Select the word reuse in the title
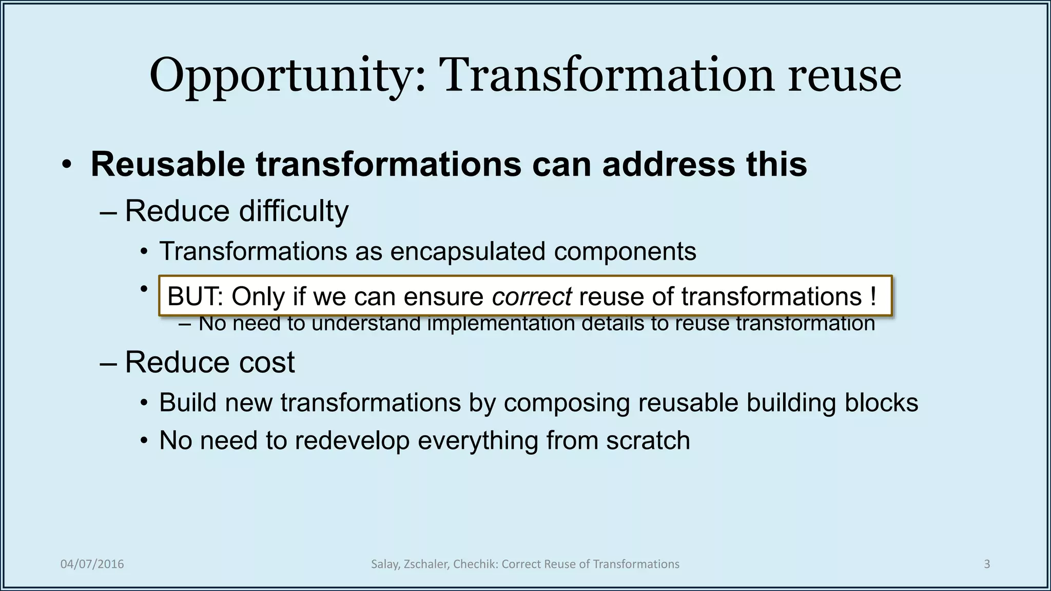844,76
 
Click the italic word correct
531,297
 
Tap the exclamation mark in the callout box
873,297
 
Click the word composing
567,403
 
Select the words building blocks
831,403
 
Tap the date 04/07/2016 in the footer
92,564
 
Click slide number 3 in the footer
986,564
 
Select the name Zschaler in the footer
426,564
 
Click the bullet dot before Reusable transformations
66,166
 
